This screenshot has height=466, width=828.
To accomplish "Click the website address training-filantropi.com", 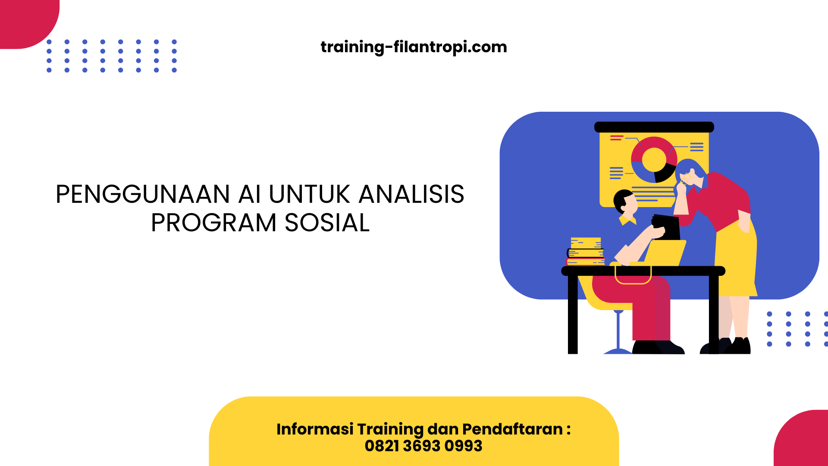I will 414,47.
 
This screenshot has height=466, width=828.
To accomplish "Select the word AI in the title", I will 250,195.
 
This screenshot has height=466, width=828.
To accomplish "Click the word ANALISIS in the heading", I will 411,195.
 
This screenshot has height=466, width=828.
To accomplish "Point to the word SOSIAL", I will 327,223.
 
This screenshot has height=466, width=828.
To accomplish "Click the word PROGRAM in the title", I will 213,223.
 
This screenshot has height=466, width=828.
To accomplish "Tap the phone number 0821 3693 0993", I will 423,446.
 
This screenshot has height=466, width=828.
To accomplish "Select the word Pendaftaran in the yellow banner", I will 512,429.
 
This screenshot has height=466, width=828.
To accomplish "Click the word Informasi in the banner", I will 315,429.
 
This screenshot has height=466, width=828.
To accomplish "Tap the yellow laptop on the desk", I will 664,253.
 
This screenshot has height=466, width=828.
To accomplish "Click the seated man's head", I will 625,202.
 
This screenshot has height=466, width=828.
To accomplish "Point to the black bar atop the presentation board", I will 654,127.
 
